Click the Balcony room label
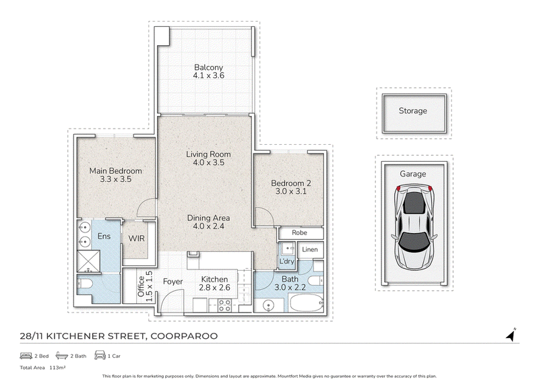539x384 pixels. pyautogui.click(x=208, y=67)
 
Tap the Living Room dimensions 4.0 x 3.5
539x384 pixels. pyautogui.click(x=208, y=162)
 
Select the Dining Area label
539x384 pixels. pyautogui.click(x=208, y=218)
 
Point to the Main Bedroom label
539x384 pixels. pyautogui.click(x=115, y=171)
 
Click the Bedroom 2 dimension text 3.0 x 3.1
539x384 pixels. pyautogui.click(x=291, y=191)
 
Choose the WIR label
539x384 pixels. pyautogui.click(x=137, y=238)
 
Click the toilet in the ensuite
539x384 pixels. pyautogui.click(x=85, y=284)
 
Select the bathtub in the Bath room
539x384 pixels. pyautogui.click(x=307, y=303)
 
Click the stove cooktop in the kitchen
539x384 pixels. pyautogui.click(x=224, y=305)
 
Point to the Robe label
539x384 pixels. pyautogui.click(x=299, y=232)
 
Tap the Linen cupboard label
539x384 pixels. pyautogui.click(x=310, y=249)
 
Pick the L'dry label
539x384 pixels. pyautogui.click(x=286, y=261)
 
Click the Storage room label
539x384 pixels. pyautogui.click(x=413, y=110)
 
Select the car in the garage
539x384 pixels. pyautogui.click(x=414, y=227)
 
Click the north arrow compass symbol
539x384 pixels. pyautogui.click(x=511, y=335)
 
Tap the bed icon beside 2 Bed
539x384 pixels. pyautogui.click(x=26, y=356)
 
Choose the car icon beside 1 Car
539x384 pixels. pyautogui.click(x=100, y=355)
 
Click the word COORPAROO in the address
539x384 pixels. pyautogui.click(x=184, y=336)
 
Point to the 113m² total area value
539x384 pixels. pyautogui.click(x=57, y=368)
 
